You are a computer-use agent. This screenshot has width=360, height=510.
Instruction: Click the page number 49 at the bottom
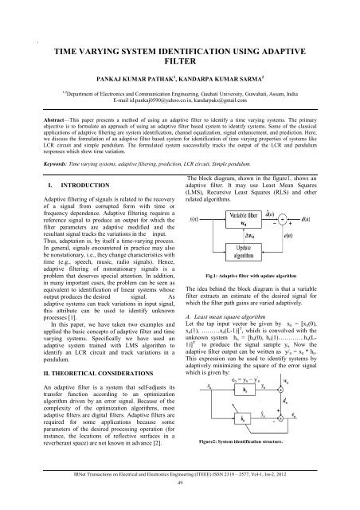pyautogui.click(x=179, y=504)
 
